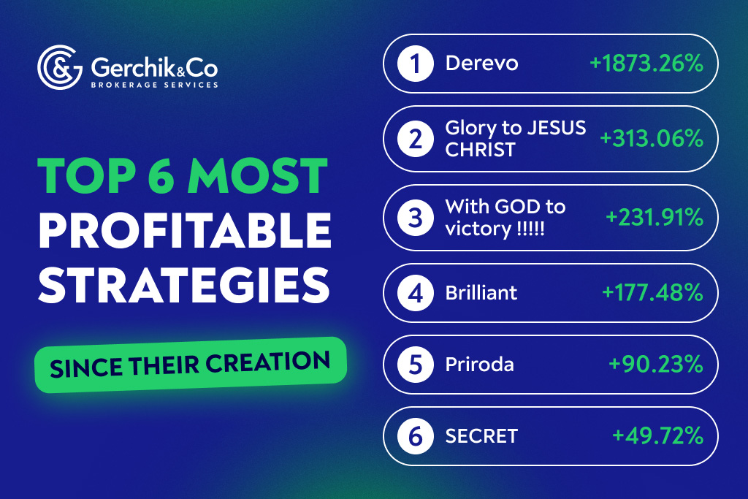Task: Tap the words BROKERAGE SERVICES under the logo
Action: pyautogui.click(x=154, y=85)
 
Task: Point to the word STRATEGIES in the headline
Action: pyautogui.click(x=183, y=285)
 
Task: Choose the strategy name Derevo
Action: pyautogui.click(x=481, y=64)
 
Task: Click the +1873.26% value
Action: pyautogui.click(x=646, y=64)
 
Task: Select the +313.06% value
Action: pyautogui.click(x=652, y=139)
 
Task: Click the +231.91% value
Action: pyautogui.click(x=654, y=217)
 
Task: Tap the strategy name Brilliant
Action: pyautogui.click(x=481, y=293)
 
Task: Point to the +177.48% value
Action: pyautogui.click(x=652, y=293)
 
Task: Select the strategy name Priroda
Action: pyautogui.click(x=479, y=365)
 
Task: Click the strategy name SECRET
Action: pyautogui.click(x=481, y=436)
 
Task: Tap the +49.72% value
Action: pyautogui.click(x=657, y=436)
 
